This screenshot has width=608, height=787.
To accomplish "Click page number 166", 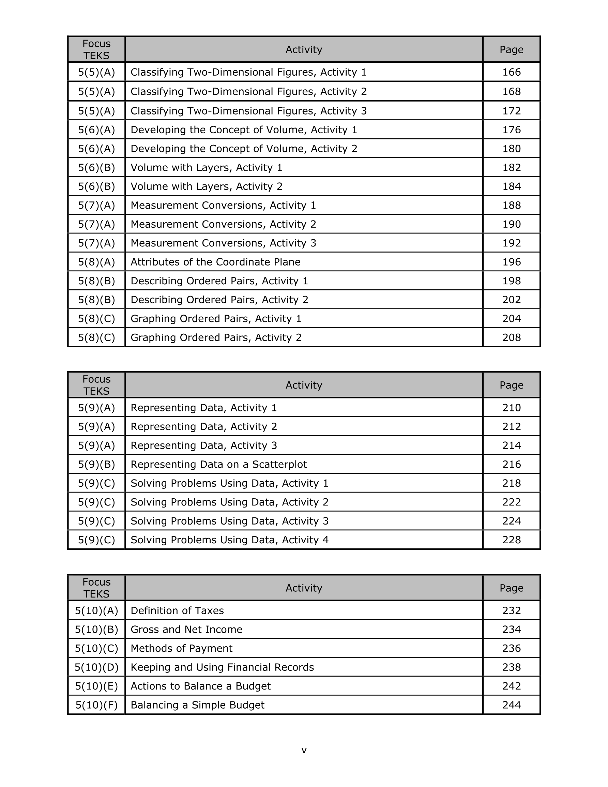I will tap(511, 72).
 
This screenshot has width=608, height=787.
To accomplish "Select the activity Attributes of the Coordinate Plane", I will tap(215, 262).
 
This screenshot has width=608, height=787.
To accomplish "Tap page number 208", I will tap(511, 338).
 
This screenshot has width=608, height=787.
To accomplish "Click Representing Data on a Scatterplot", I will tap(218, 465).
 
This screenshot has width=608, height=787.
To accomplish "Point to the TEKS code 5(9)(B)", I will tap(96, 465).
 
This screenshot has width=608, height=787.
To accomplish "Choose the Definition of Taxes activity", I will tap(177, 611).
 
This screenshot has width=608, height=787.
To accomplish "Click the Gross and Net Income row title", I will tap(186, 630).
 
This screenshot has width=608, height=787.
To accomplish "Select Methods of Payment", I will tap(181, 649).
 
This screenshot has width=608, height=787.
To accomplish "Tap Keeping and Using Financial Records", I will tap(222, 667).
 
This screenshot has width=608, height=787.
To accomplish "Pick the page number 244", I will tap(511, 705).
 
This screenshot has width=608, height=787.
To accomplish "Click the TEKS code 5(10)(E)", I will tap(96, 686).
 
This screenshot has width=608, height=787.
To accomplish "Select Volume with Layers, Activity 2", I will tap(206, 187).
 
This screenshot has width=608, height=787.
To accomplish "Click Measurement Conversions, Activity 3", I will tap(223, 243).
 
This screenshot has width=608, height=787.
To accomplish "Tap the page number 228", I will tap(511, 540).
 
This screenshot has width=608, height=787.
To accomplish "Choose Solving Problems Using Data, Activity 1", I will tap(229, 484).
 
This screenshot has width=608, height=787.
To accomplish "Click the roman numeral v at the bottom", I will tap(304, 750).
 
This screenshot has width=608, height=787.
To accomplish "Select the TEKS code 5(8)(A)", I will tap(96, 262).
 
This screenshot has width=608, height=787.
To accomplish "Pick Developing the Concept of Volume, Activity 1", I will tap(244, 130).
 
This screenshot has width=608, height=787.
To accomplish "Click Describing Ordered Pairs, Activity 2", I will tap(219, 300).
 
